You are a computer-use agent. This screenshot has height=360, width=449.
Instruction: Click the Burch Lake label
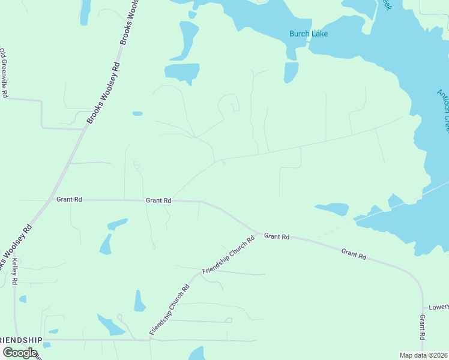[309, 34]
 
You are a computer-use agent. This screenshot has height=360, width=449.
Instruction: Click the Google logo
[20, 352]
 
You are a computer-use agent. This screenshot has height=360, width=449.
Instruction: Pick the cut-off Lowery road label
[439, 307]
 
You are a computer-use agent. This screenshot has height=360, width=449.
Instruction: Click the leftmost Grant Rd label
[69, 199]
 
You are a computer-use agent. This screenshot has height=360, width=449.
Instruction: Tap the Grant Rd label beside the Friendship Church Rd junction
[277, 237]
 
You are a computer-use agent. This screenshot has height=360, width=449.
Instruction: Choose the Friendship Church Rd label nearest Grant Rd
[229, 255]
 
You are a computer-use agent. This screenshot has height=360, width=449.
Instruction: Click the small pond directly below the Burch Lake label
[291, 73]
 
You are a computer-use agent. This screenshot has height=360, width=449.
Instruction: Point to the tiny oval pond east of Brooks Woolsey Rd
[137, 113]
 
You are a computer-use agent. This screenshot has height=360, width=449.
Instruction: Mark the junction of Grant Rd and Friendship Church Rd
[259, 232]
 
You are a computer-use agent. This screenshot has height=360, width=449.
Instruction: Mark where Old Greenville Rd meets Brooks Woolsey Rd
[83, 128]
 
